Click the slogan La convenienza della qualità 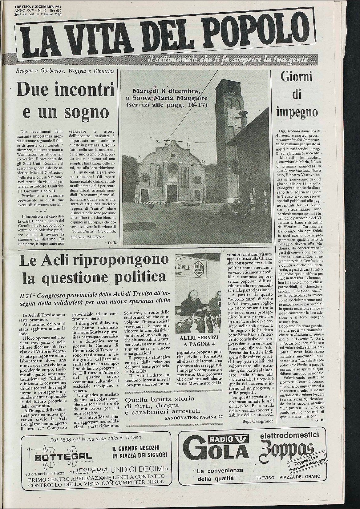[x=218, y=475]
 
